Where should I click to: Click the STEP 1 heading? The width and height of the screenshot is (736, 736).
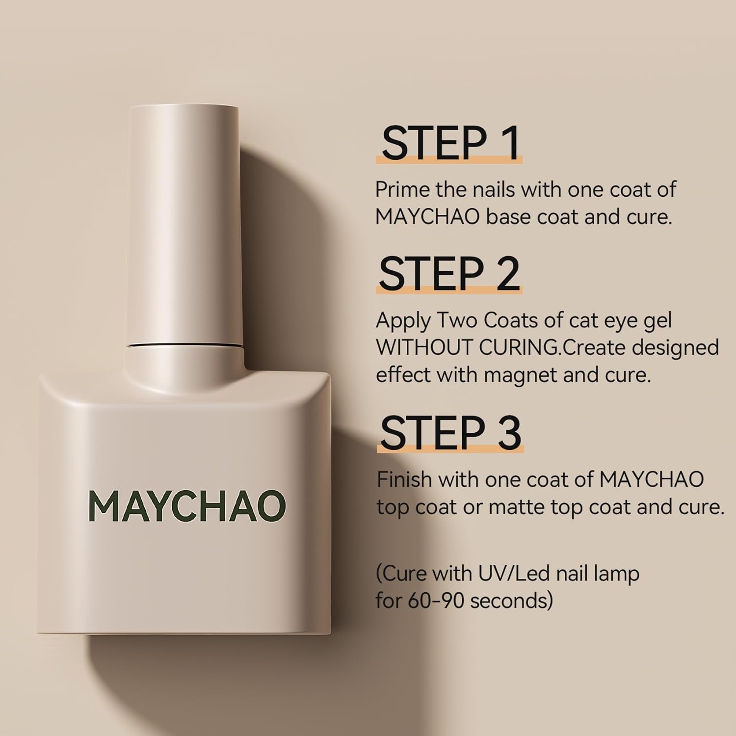(450, 143)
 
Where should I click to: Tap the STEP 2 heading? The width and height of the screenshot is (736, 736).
(449, 274)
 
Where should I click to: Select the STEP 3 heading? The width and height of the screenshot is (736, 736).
(450, 432)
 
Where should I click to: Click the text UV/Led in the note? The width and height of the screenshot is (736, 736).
(506, 573)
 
